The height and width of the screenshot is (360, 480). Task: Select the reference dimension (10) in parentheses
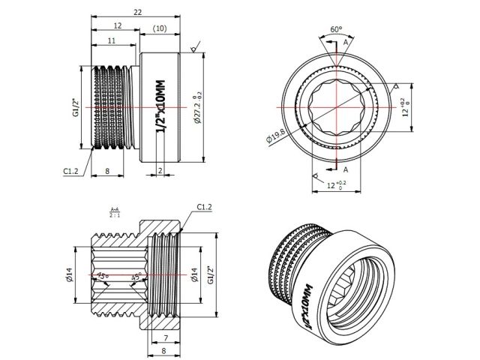coord(159,28)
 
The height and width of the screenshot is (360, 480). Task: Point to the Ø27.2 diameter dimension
coord(196,107)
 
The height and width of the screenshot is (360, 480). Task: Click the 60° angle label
coord(336,31)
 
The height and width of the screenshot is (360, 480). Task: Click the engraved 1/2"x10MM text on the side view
coord(160,107)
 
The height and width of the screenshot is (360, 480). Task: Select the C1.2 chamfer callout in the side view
coord(71,170)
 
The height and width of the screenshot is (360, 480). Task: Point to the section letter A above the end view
coord(345,43)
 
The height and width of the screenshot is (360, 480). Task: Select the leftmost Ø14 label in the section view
coord(72,277)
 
